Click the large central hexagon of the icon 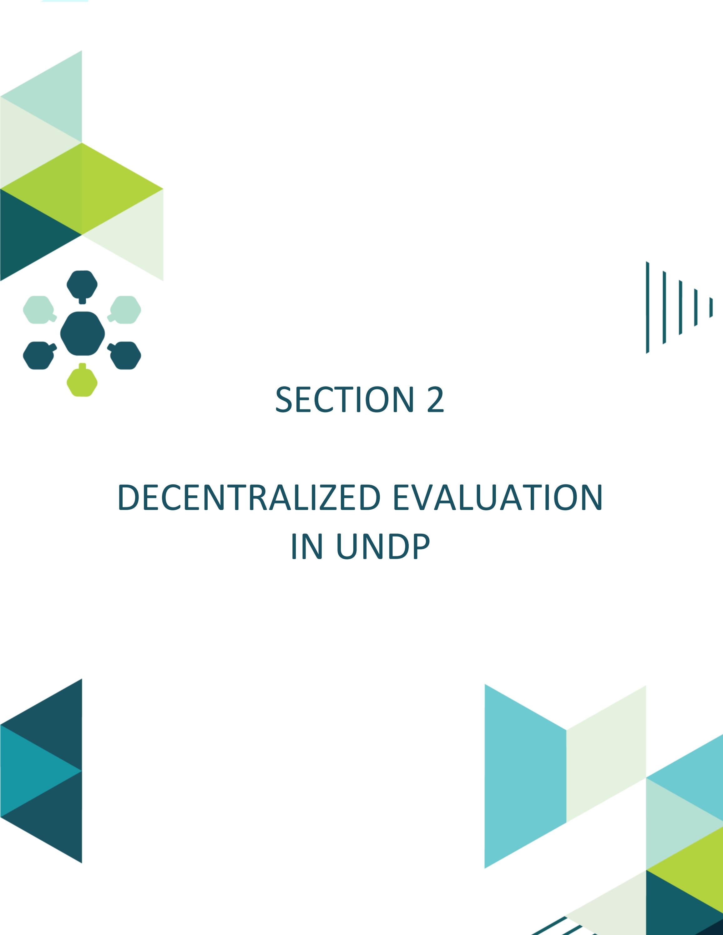point(82,333)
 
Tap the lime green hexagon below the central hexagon point(82,382)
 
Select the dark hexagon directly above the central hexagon point(82,284)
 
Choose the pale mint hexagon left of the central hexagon point(38,309)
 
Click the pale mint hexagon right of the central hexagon point(126,309)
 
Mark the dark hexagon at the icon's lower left point(38,355)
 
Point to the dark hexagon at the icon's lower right point(126,355)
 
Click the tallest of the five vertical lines point(648,307)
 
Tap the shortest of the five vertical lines point(711,307)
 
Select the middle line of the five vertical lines point(680,307)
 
